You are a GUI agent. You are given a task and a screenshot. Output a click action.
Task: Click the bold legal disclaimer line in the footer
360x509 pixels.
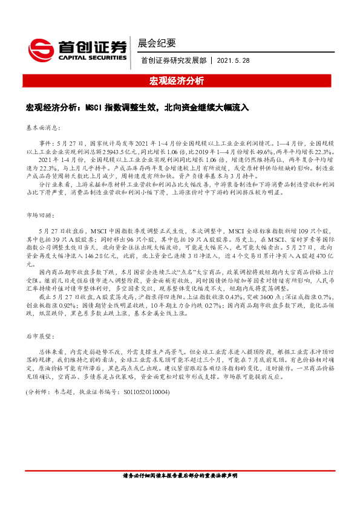(x=180, y=491)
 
